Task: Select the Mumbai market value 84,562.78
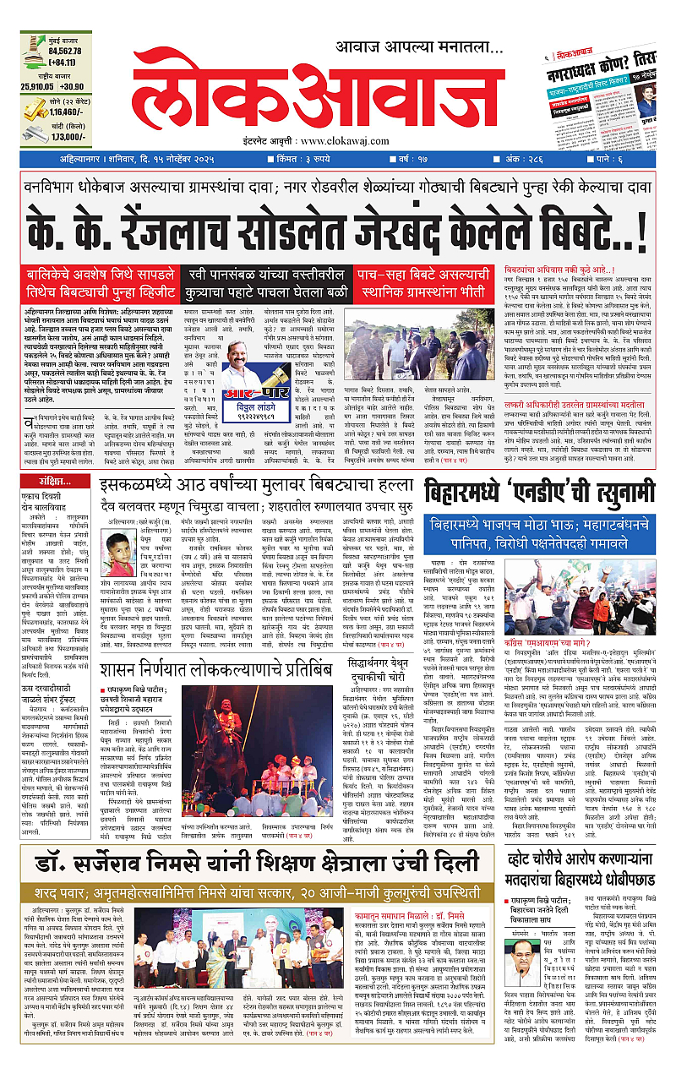[x=58, y=50]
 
